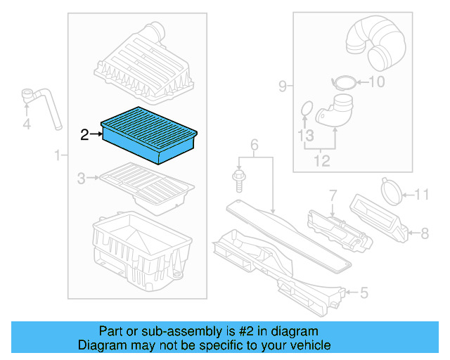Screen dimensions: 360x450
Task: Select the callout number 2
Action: (84, 135)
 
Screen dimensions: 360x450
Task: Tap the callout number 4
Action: (27, 125)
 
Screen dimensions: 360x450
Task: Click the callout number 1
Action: (56, 155)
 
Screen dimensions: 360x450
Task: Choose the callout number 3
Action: (82, 179)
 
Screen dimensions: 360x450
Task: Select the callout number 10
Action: (377, 82)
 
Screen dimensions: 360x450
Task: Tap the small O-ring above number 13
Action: (305, 108)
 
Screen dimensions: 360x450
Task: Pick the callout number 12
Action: (321, 162)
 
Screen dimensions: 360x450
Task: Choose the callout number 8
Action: (424, 231)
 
